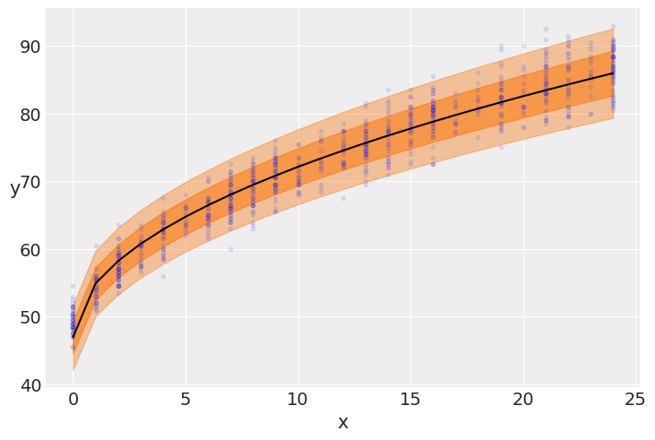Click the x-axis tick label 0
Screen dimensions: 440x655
point(73,400)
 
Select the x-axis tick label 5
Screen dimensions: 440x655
point(185,400)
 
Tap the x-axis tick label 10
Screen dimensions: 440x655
point(298,400)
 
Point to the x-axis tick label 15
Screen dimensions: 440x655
point(410,400)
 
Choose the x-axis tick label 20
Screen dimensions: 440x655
point(523,400)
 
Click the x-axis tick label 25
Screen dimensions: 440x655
point(635,400)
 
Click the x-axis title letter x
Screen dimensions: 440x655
point(343,423)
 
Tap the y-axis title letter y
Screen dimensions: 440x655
point(14,188)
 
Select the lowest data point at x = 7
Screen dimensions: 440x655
point(230,249)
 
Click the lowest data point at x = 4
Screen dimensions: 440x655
point(163,276)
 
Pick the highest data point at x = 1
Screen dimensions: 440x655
point(96,246)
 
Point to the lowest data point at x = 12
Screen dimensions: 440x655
point(343,198)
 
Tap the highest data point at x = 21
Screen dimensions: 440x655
point(546,30)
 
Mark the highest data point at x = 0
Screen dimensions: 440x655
point(73,287)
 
